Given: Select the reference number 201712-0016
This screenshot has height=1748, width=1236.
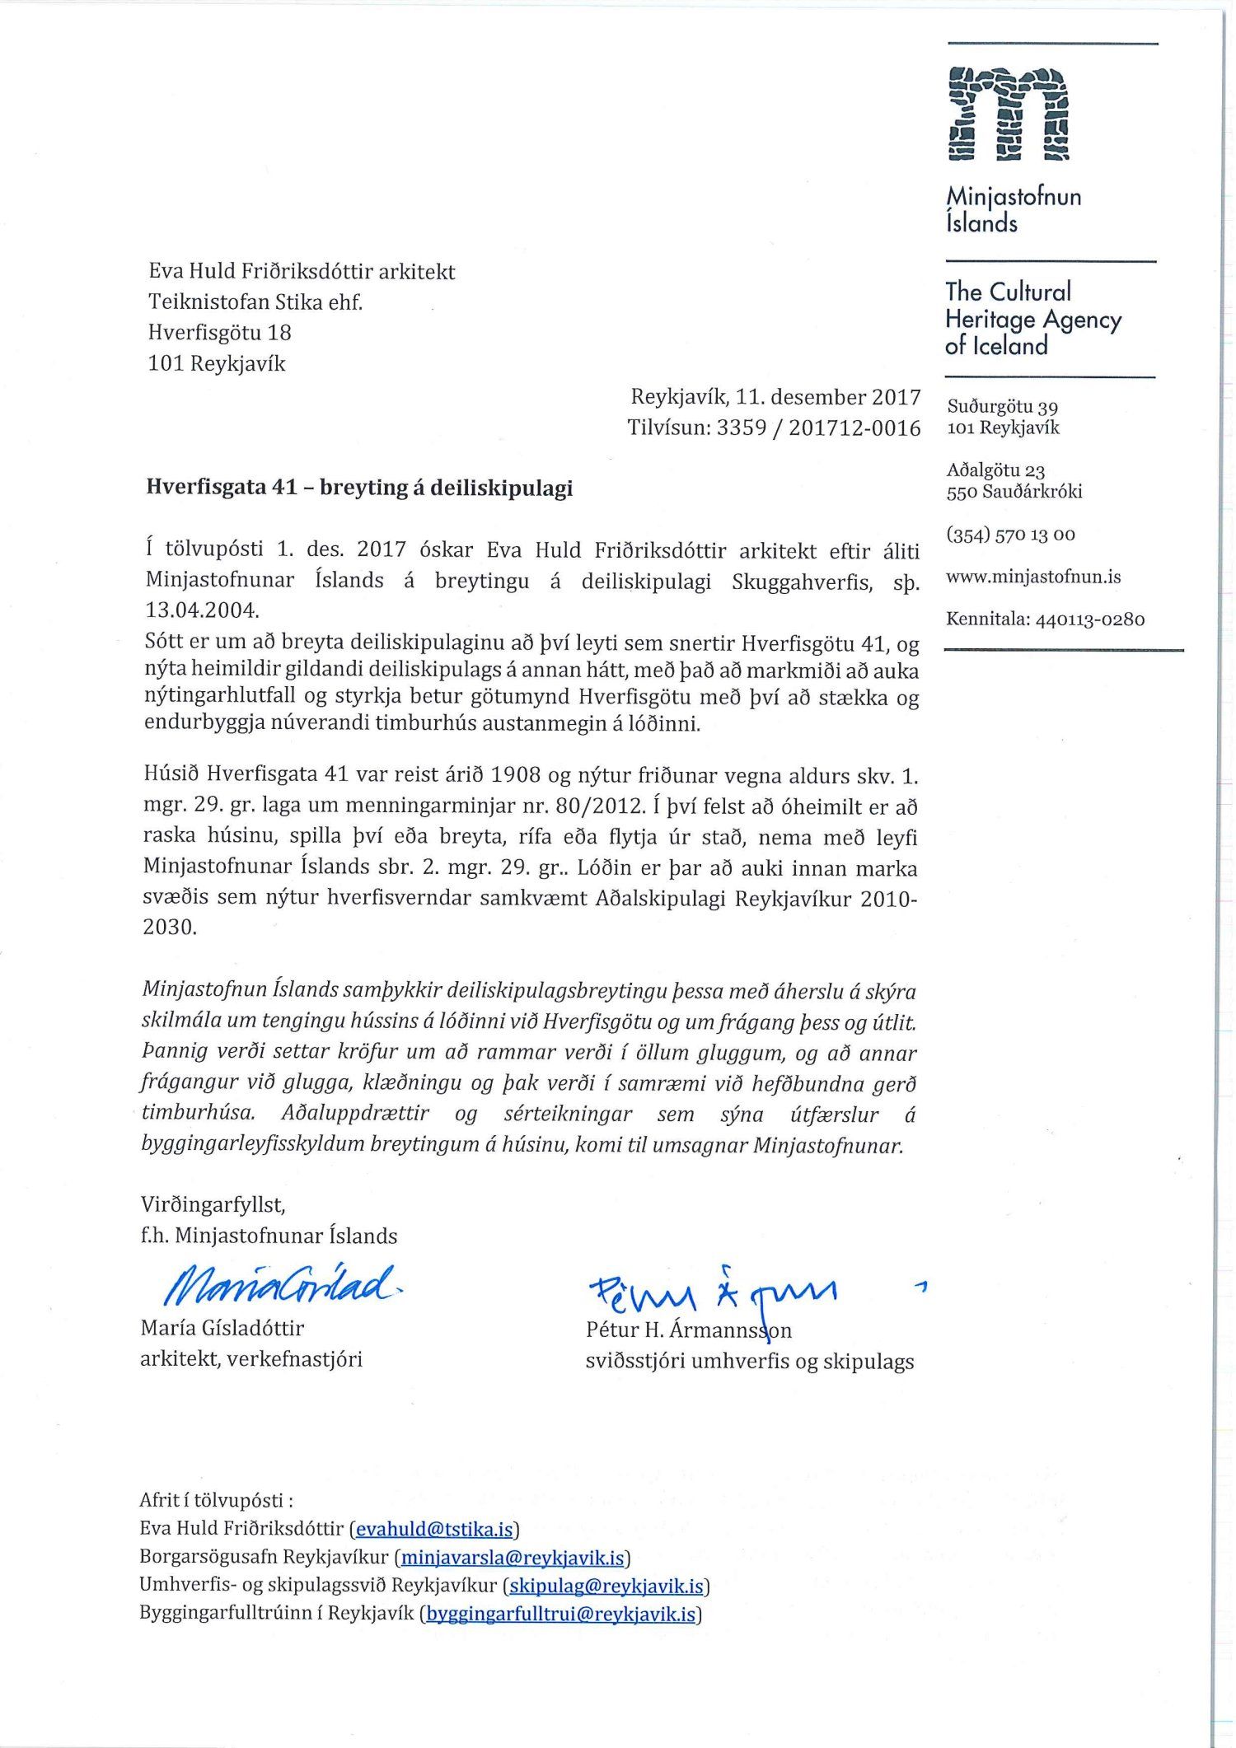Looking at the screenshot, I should (x=854, y=428).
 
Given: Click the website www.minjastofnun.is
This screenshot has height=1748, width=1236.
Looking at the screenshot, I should (x=1033, y=577).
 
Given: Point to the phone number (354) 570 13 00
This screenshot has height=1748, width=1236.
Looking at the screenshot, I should (x=1010, y=535).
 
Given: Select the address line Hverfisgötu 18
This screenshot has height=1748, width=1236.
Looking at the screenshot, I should (x=220, y=333).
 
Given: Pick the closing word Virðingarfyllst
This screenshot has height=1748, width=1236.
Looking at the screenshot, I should (x=213, y=1205).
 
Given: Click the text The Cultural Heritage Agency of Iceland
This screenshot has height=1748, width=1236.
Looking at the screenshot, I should (x=1033, y=319).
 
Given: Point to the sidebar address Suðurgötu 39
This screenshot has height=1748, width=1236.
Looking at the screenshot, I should (x=1003, y=407).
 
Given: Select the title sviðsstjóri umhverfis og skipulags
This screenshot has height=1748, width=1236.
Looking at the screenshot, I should (x=750, y=1362).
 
